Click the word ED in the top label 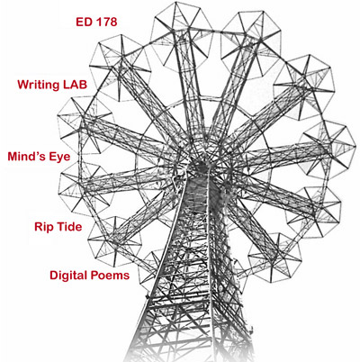tap(84, 22)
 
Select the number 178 tap(106, 22)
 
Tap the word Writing tap(39, 85)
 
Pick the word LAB tap(75, 85)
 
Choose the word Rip tap(42, 227)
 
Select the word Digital tap(68, 276)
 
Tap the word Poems tap(110, 275)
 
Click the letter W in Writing tap(23, 85)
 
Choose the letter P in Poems tap(93, 275)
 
